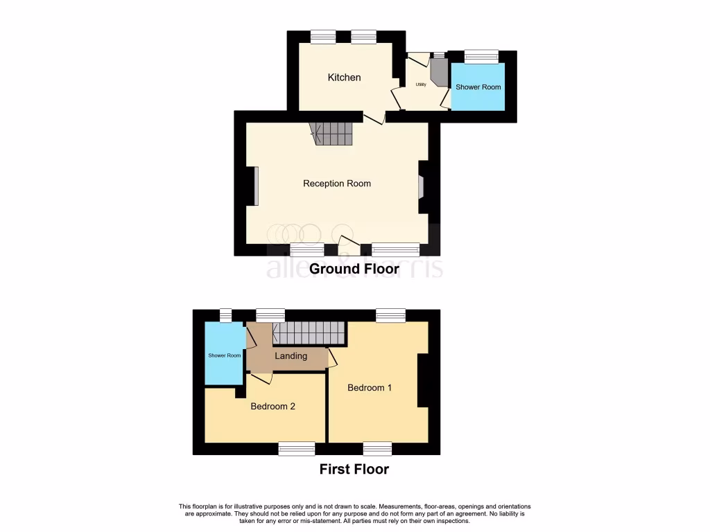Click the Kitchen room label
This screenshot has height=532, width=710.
pyautogui.click(x=344, y=78)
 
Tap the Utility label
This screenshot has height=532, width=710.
pyautogui.click(x=420, y=85)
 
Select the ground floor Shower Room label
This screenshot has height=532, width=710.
pyautogui.click(x=478, y=87)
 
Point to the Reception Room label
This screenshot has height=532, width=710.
pyautogui.click(x=337, y=184)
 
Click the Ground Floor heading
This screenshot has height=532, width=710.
pyautogui.click(x=354, y=269)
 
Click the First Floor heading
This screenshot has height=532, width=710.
pyautogui.click(x=354, y=470)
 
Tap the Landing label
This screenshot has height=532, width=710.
pyautogui.click(x=291, y=356)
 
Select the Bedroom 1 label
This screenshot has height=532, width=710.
pyautogui.click(x=370, y=388)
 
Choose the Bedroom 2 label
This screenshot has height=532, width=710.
pyautogui.click(x=272, y=407)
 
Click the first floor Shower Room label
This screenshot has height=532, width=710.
pyautogui.click(x=225, y=355)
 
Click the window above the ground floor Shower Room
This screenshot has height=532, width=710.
pyautogui.click(x=480, y=56)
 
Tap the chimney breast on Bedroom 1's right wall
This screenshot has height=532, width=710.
pyautogui.click(x=422, y=380)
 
